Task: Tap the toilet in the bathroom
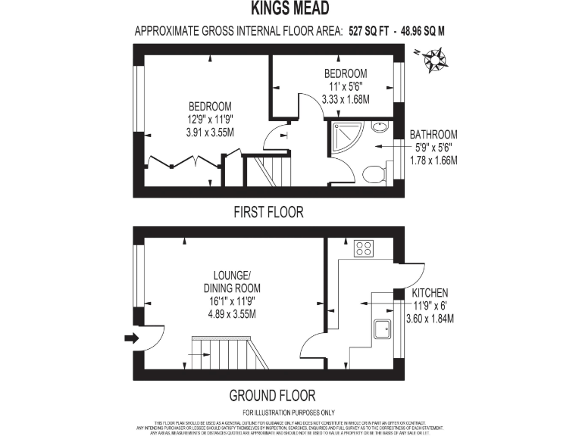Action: click(x=373, y=174)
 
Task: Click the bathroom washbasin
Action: click(x=380, y=126)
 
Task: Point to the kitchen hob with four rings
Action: click(x=363, y=248)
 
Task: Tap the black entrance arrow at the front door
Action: click(x=130, y=338)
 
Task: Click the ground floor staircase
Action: click(x=227, y=353)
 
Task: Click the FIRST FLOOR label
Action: click(x=268, y=213)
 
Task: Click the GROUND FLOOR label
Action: click(x=272, y=395)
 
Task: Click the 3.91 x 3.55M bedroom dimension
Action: click(x=210, y=132)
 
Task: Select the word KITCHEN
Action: click(x=430, y=292)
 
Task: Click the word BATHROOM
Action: click(x=433, y=134)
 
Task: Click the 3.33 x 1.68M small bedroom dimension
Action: click(x=345, y=98)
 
